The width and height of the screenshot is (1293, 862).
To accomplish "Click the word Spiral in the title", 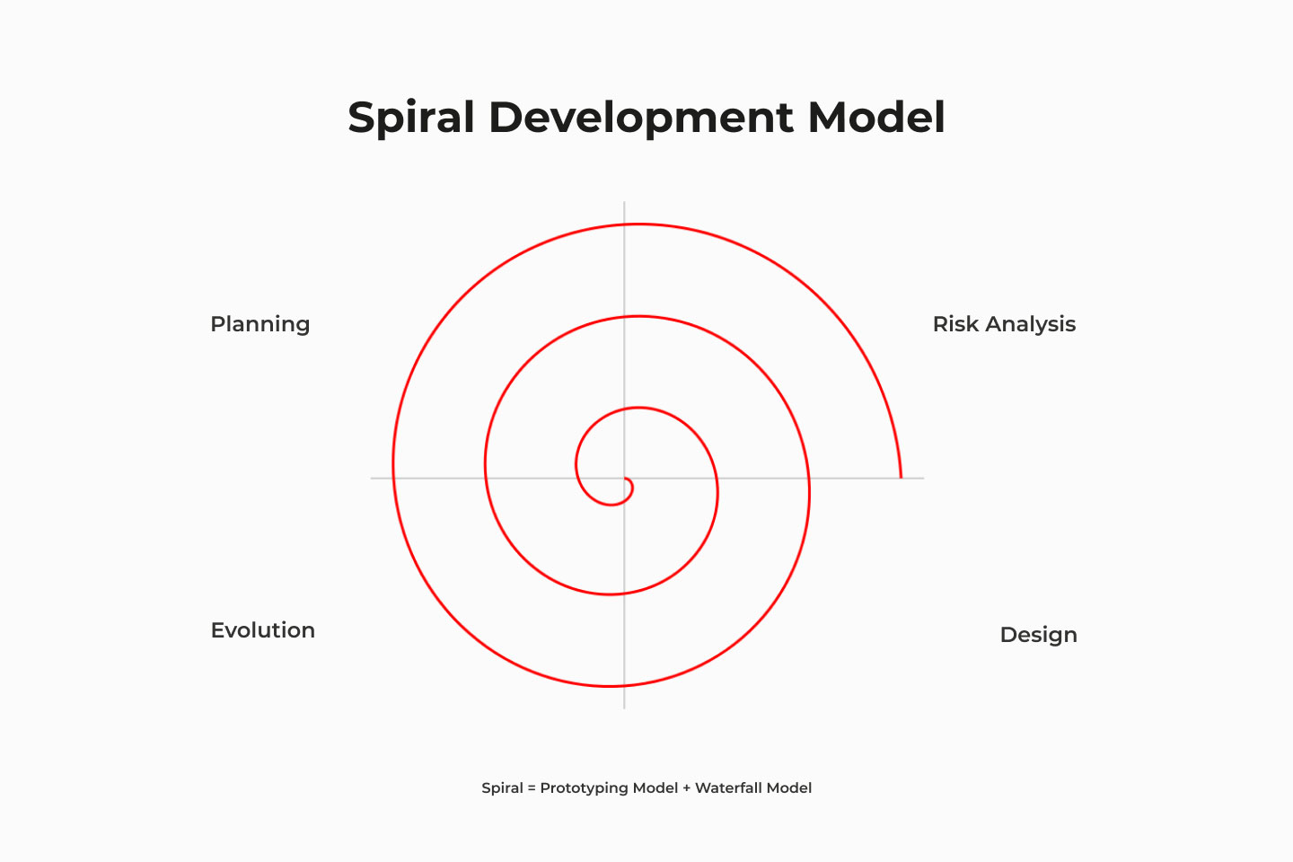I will tap(410, 118).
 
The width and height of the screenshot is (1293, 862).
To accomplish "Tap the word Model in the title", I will tap(875, 118).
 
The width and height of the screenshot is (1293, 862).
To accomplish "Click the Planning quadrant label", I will tap(259, 324).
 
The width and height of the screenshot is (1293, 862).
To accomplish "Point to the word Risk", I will tap(955, 324).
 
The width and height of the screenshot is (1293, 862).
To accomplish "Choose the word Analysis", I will tap(1030, 324).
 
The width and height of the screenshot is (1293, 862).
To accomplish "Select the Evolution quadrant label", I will tap(262, 630).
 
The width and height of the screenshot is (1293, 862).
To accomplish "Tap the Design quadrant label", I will tap(1038, 635).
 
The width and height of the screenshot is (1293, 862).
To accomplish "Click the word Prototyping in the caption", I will tap(584, 788).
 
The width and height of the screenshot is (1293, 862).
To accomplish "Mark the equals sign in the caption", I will tap(532, 788).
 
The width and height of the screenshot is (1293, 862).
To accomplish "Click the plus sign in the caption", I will tap(687, 788).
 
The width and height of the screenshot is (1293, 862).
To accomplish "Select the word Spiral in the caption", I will tap(502, 788).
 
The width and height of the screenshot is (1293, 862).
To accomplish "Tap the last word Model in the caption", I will tap(789, 788).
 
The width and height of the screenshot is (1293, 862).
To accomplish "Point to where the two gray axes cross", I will tap(624, 478).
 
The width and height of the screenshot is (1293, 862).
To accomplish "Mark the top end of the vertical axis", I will tap(624, 203).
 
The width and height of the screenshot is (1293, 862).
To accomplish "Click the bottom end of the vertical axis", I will tap(624, 708).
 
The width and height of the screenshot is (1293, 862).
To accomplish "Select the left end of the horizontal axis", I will tap(372, 478).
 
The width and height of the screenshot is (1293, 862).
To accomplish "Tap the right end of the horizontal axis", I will tap(922, 478).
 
